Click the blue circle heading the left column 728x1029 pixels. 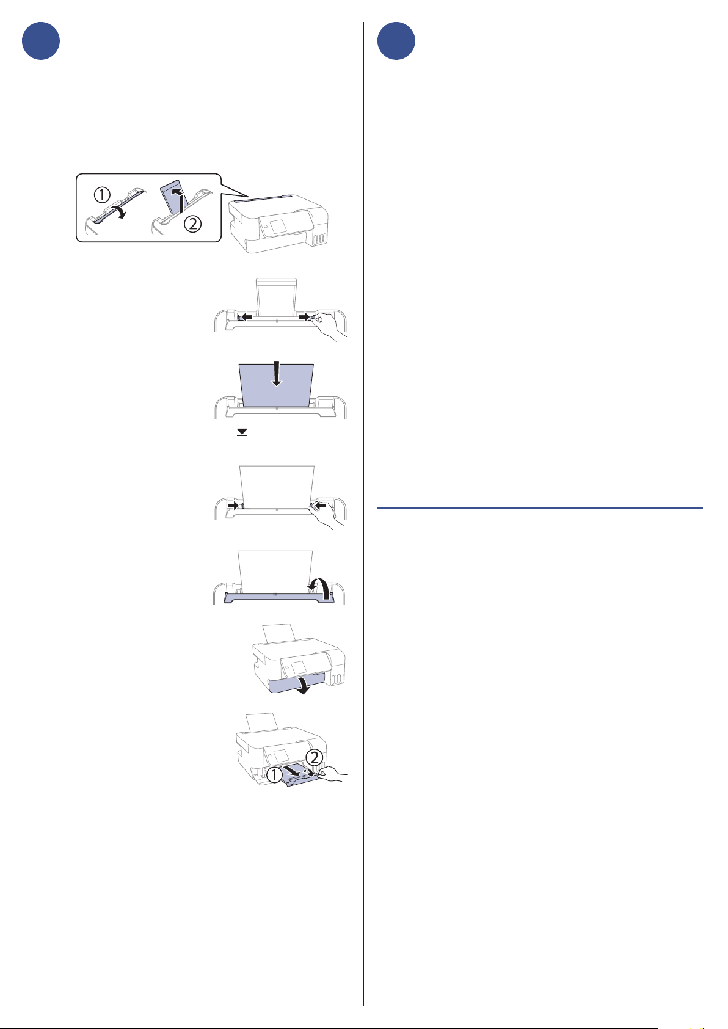tap(41, 41)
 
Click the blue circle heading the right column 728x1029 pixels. tap(396, 41)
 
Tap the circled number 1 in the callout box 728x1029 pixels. tap(102, 195)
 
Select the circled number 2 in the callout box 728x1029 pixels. tap(193, 224)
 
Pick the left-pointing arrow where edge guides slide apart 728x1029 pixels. tap(246, 316)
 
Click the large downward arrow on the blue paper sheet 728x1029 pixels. tap(277, 374)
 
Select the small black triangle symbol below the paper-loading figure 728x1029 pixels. tap(242, 432)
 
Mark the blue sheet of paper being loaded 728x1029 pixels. tap(277, 385)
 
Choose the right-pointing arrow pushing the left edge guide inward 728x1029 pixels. tap(234, 505)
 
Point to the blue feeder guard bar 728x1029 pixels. tap(278, 597)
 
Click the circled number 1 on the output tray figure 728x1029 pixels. tap(274, 776)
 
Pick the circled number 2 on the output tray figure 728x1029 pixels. tap(314, 757)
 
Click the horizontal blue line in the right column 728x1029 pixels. tap(540, 508)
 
